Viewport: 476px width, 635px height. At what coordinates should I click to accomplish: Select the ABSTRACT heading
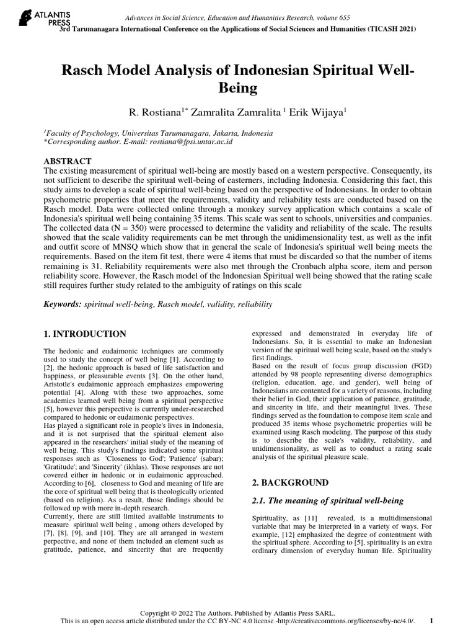(68, 161)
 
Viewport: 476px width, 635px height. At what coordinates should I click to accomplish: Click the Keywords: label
(62, 305)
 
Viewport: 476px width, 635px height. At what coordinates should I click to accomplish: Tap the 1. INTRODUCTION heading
(85, 334)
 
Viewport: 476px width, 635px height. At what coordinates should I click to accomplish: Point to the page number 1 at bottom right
(431, 621)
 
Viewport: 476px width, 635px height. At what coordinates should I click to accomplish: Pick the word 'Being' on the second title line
(238, 88)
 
